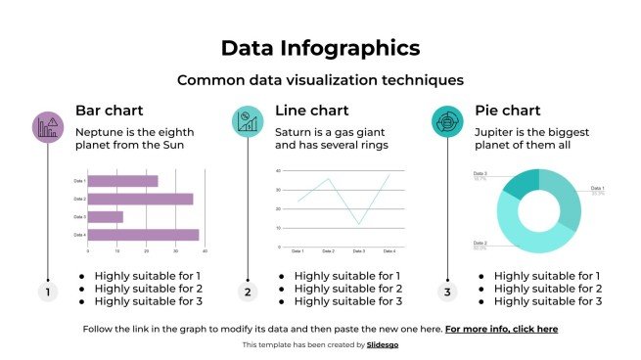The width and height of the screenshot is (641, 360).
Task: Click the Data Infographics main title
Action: [320, 47]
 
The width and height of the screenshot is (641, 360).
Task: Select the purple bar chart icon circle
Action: [48, 125]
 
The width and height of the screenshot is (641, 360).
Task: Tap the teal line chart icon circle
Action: [248, 122]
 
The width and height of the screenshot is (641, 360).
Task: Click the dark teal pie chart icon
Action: [447, 122]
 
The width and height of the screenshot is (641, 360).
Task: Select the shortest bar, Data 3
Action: [105, 217]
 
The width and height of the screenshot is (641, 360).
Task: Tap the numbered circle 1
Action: [48, 292]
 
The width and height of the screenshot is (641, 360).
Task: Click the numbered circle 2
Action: [248, 292]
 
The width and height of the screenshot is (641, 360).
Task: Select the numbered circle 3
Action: [447, 292]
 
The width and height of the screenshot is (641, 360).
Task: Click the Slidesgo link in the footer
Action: [382, 345]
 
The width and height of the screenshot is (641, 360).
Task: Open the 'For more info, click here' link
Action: [501, 330]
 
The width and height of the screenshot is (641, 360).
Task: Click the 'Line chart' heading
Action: [311, 110]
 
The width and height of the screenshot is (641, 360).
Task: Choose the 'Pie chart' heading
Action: [507, 110]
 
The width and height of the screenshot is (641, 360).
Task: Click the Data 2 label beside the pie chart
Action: [480, 243]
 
